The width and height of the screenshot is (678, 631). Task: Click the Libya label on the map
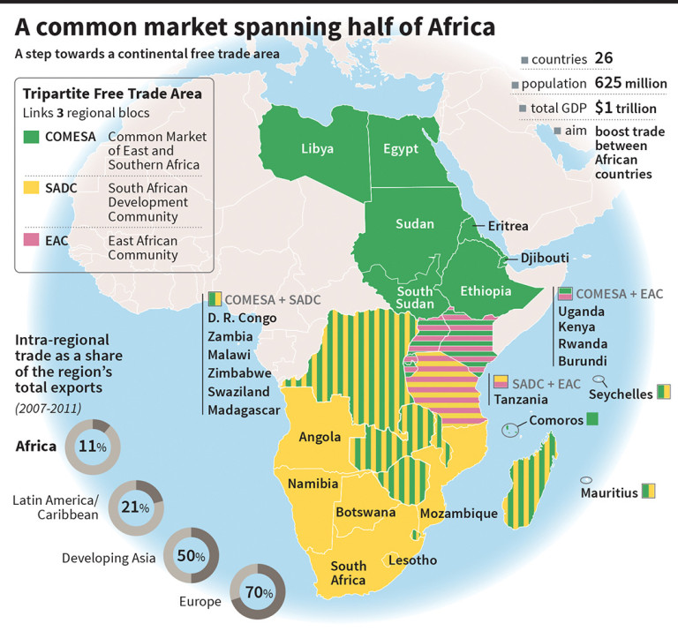tap(316, 148)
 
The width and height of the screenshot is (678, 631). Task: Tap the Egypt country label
tap(400, 148)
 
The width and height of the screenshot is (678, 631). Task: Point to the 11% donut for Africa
tap(93, 447)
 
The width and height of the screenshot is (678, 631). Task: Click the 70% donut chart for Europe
tap(256, 592)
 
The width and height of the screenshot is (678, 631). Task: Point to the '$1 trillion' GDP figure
tap(626, 107)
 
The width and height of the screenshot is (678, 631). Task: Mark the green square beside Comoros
tap(592, 420)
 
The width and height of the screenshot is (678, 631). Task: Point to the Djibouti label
tap(543, 259)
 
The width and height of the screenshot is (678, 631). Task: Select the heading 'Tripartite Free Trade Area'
tap(111, 94)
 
